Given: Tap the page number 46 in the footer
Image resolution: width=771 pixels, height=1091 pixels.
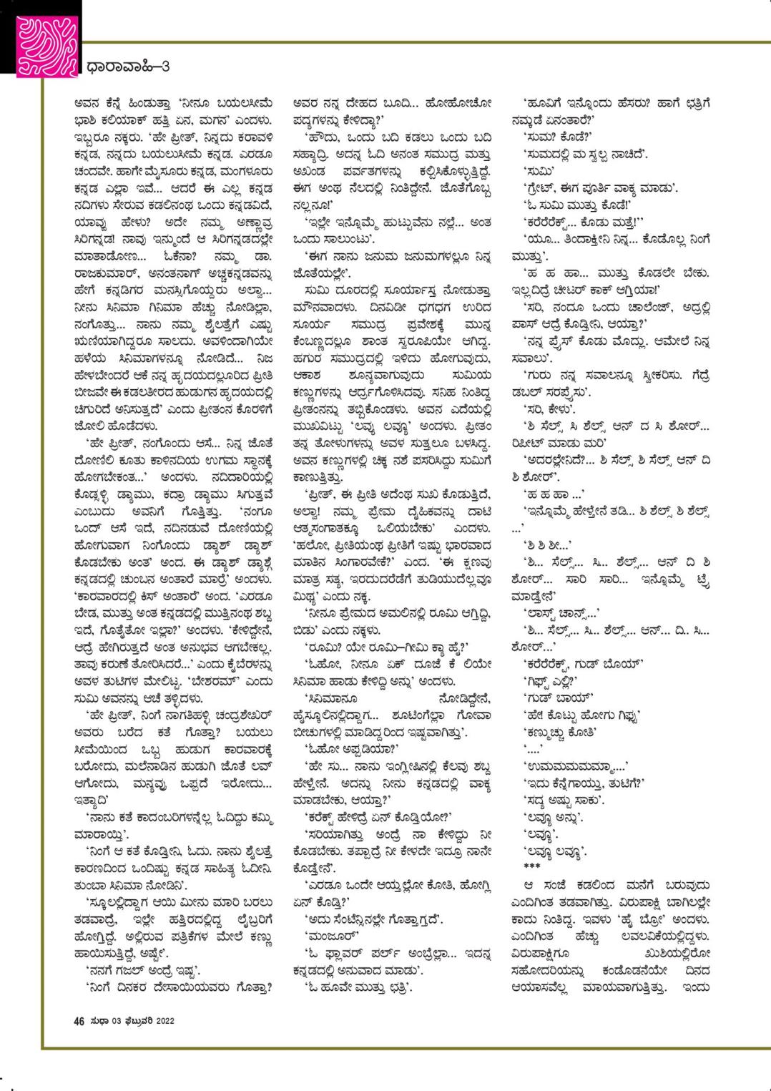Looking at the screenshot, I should click(79, 1021).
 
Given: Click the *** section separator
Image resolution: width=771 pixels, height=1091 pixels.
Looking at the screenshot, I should click(533, 866).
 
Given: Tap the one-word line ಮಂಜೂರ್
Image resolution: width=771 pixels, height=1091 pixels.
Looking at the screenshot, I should click(328, 934).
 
